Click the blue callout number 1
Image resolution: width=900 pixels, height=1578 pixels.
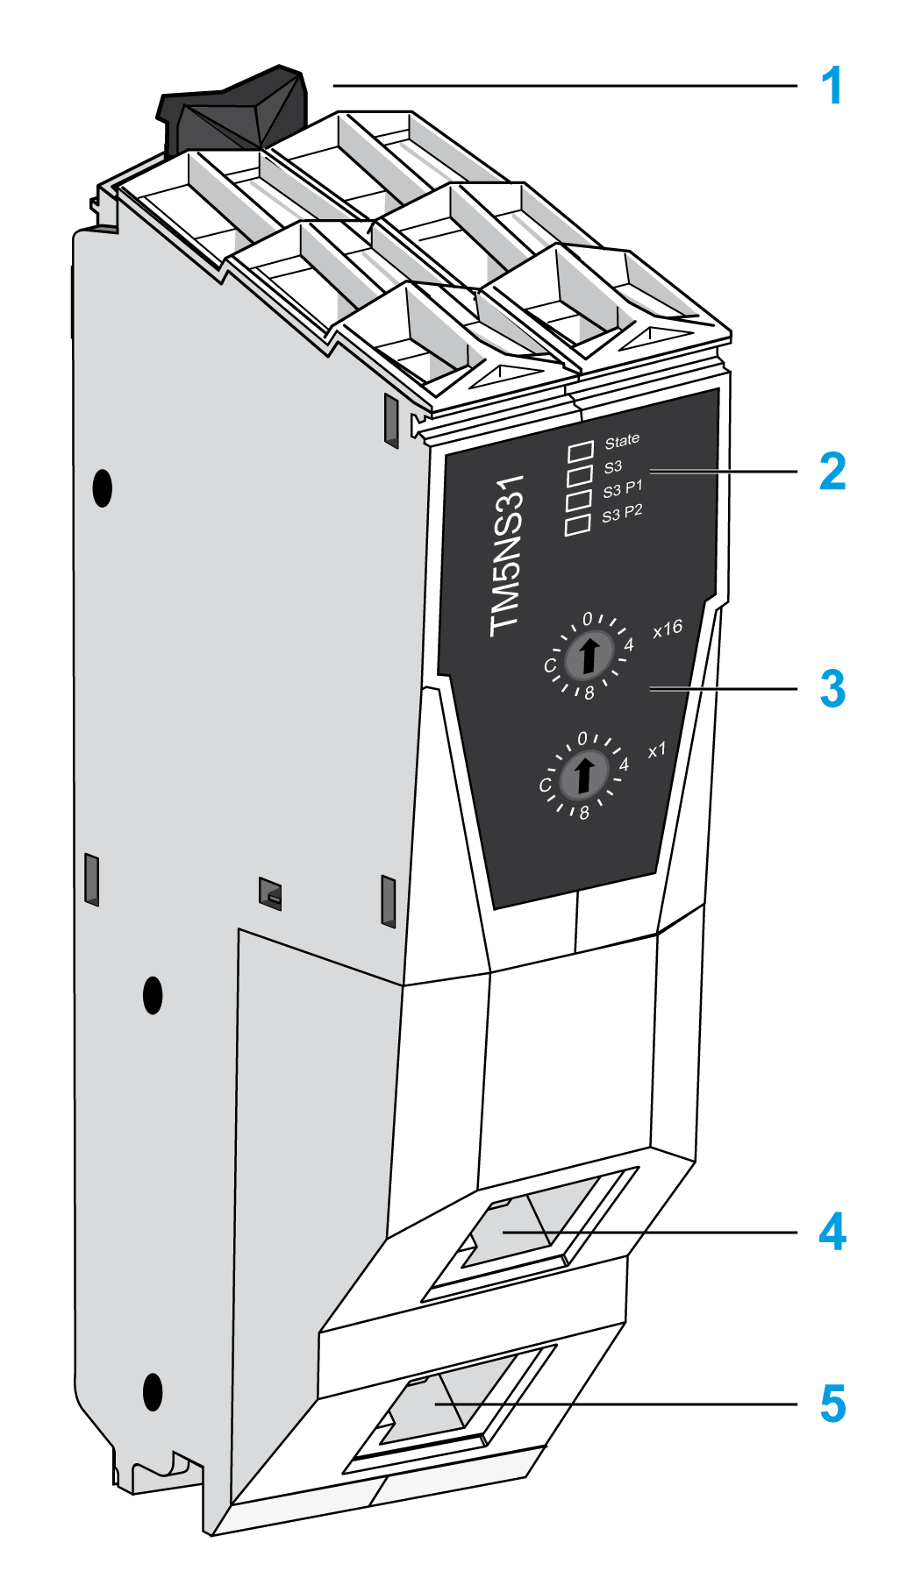click(x=831, y=87)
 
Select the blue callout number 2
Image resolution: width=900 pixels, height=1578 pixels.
click(x=832, y=472)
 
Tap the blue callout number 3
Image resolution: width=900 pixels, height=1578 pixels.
click(x=832, y=689)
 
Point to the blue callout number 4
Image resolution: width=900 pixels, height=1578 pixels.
click(x=832, y=1232)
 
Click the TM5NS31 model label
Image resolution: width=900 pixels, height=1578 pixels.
click(x=507, y=556)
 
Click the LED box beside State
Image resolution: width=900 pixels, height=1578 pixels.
click(x=580, y=452)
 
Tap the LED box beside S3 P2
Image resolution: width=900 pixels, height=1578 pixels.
click(x=577, y=524)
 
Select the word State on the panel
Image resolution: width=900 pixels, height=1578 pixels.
click(x=622, y=441)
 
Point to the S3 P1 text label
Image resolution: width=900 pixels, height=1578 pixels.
click(x=622, y=488)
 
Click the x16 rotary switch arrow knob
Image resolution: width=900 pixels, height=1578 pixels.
click(x=589, y=655)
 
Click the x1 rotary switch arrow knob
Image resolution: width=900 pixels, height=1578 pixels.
click(x=582, y=774)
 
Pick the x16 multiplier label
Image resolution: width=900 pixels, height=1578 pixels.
click(x=668, y=629)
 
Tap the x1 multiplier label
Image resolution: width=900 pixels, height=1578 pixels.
click(x=657, y=750)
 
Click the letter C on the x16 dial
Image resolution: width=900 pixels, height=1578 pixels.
click(x=550, y=665)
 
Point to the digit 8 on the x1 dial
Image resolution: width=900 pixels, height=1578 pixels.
click(x=584, y=814)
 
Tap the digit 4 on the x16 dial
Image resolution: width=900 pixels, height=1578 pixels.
click(x=628, y=646)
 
